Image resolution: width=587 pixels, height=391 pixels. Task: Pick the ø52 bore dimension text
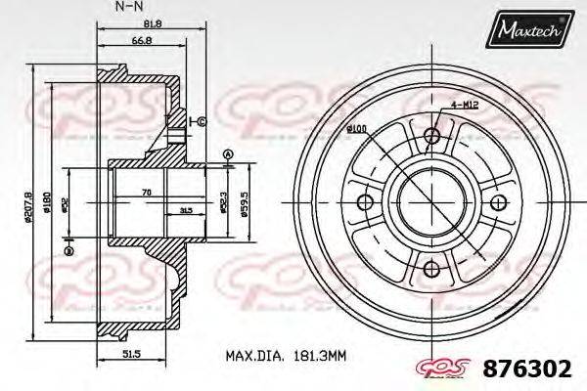(65, 204)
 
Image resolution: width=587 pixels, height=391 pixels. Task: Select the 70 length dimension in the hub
(147, 193)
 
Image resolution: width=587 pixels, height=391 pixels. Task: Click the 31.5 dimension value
(186, 209)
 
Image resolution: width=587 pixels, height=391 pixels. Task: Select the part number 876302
(526, 369)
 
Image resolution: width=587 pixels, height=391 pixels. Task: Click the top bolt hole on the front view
(430, 138)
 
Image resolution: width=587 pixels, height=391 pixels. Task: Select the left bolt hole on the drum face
(367, 202)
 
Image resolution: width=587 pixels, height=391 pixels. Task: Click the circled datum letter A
(228, 154)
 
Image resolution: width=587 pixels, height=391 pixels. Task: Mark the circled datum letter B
(68, 252)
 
